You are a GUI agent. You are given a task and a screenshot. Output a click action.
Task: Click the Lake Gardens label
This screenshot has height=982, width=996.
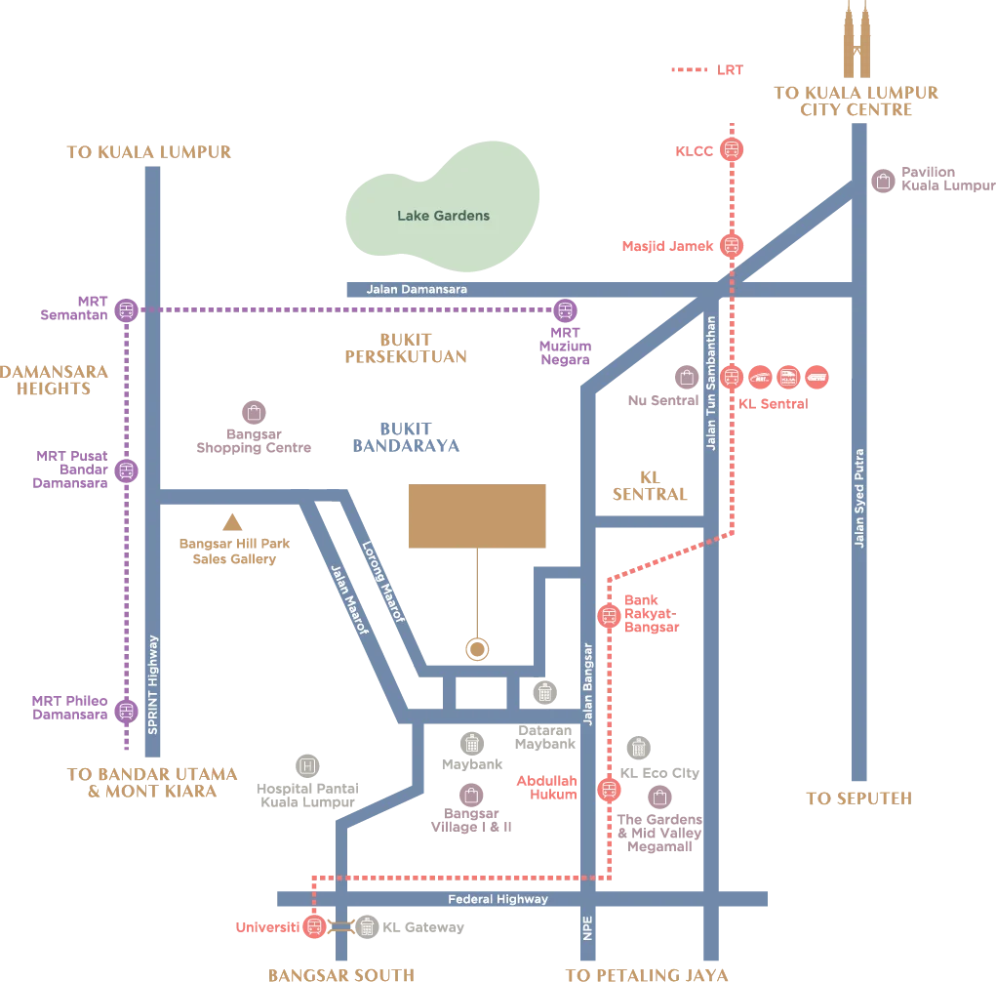click(x=443, y=216)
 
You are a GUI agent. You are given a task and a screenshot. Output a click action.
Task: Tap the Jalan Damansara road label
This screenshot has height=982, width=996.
click(x=417, y=290)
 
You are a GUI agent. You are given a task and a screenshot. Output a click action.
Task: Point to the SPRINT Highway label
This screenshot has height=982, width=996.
click(x=152, y=684)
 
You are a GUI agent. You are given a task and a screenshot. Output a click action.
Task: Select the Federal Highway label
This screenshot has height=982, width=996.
click(x=498, y=899)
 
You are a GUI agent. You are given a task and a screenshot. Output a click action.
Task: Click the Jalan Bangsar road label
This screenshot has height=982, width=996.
click(x=587, y=683)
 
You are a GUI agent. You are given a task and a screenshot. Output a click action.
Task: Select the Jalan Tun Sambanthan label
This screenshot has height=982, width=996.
click(x=712, y=382)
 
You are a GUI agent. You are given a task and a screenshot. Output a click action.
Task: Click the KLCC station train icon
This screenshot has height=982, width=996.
click(x=732, y=150)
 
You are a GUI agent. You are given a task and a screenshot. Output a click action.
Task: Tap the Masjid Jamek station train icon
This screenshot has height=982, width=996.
click(x=732, y=246)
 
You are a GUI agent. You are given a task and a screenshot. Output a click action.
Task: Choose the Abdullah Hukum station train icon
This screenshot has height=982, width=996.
click(x=609, y=789)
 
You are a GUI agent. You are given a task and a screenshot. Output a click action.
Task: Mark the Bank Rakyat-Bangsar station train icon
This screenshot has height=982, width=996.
click(x=609, y=616)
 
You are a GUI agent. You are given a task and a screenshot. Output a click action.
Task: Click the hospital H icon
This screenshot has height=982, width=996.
click(x=308, y=766)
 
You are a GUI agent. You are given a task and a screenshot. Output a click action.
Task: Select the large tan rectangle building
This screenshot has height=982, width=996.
click(x=476, y=516)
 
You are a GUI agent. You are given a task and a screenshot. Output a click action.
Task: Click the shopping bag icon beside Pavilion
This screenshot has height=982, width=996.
click(x=883, y=182)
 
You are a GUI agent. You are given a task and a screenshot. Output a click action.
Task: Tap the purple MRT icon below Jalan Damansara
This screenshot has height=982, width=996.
click(x=565, y=310)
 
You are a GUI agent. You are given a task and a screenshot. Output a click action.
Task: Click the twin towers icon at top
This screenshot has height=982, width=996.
click(x=858, y=39)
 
